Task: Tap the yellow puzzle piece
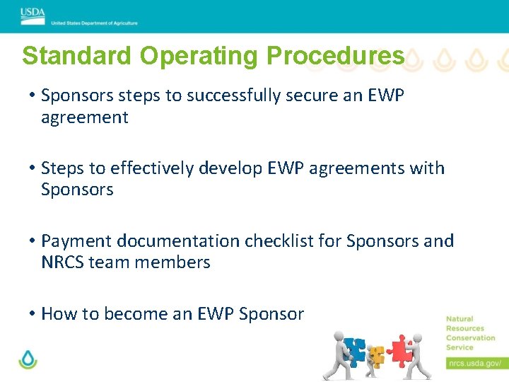point(376,356)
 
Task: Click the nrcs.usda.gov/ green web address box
point(475,364)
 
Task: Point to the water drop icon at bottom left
point(28,359)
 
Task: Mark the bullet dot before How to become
point(33,314)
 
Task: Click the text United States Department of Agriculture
point(94,23)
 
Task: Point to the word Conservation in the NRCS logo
point(471,338)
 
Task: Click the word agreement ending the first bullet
point(85,117)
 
